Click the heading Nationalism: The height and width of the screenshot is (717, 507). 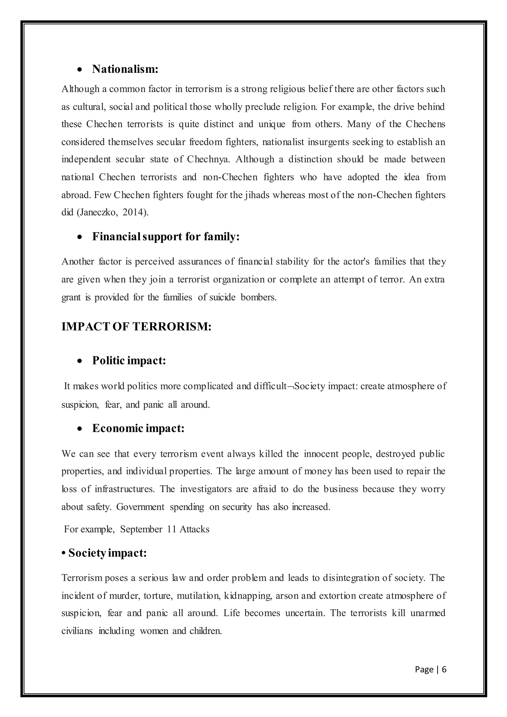click(x=125, y=69)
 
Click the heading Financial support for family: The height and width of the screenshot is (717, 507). click(x=166, y=236)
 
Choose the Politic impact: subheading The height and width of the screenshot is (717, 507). click(x=129, y=360)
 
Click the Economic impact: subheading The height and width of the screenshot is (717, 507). click(x=138, y=428)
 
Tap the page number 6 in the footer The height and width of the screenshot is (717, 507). click(x=444, y=669)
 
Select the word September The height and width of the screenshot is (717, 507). click(x=141, y=529)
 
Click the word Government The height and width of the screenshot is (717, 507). click(x=140, y=507)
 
